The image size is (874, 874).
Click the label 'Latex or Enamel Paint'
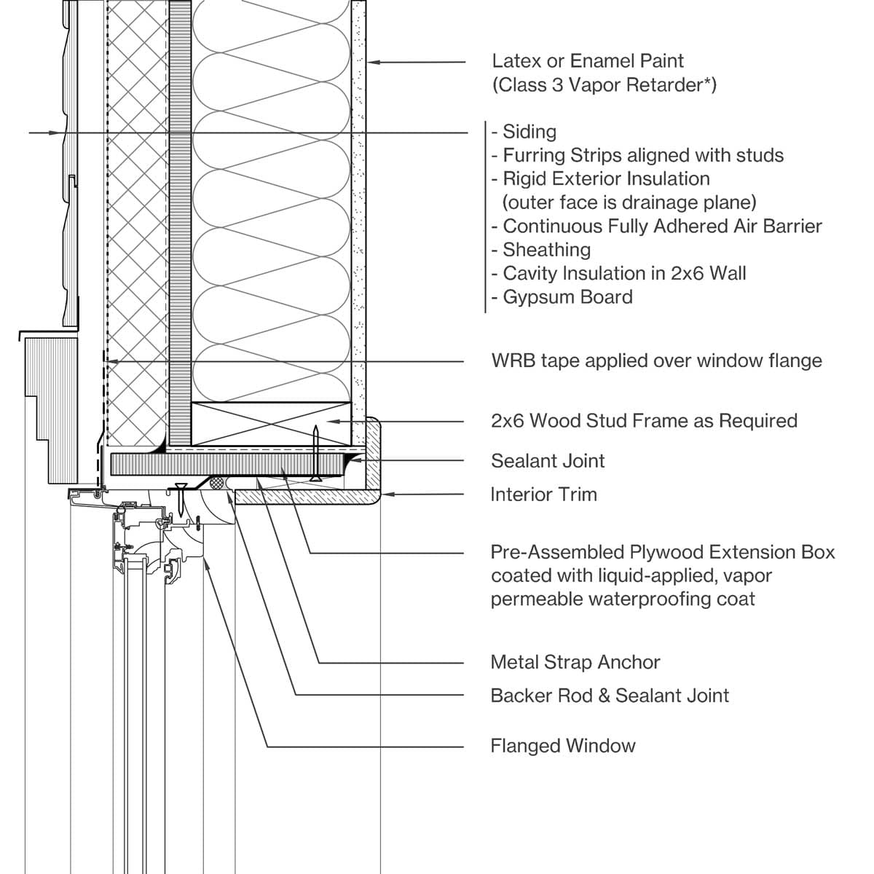[x=588, y=61]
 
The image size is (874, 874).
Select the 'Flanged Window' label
[x=563, y=746]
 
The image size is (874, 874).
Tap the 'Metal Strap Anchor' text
[x=575, y=662]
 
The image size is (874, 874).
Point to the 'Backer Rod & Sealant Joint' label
[x=610, y=696]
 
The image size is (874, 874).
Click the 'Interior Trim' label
[x=543, y=495]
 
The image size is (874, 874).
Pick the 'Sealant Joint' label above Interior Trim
[x=548, y=461]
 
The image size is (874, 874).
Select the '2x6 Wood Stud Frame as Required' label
[x=644, y=421]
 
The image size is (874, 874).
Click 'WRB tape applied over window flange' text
[x=656, y=361]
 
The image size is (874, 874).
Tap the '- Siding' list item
[x=524, y=132]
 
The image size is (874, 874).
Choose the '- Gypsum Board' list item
[x=562, y=297]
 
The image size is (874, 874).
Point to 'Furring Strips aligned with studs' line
[x=637, y=155]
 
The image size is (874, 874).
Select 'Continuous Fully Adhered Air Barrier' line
[x=657, y=227]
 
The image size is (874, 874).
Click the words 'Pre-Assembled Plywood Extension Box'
[x=663, y=552]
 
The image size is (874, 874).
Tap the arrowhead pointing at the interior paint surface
[x=372, y=63]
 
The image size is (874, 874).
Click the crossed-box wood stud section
[x=271, y=423]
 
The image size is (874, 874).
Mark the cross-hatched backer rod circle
[x=216, y=482]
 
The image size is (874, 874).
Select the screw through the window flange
[x=180, y=498]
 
